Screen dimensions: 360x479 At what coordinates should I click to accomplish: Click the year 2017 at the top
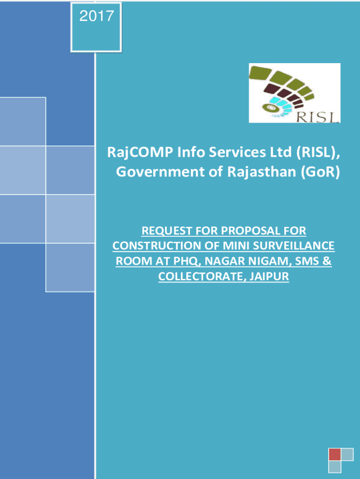(x=96, y=16)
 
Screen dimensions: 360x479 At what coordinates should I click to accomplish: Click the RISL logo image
(x=295, y=93)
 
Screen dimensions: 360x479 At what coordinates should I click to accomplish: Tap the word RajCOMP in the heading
(x=140, y=152)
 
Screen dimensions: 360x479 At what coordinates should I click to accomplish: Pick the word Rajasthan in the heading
(x=262, y=171)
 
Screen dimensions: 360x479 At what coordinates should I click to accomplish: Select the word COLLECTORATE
(x=202, y=276)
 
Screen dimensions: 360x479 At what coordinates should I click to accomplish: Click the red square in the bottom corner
(x=335, y=454)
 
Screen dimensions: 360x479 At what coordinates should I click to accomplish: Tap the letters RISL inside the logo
(x=317, y=117)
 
